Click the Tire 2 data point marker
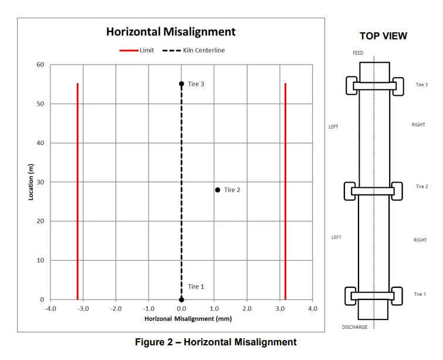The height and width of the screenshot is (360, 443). click(217, 190)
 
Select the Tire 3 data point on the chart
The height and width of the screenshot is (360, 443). click(181, 84)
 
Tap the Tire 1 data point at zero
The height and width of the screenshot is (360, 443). click(181, 300)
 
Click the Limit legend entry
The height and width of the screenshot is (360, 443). click(137, 51)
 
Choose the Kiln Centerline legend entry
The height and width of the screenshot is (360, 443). click(194, 51)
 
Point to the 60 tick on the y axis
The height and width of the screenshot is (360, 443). click(40, 65)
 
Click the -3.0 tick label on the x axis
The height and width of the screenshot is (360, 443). click(83, 308)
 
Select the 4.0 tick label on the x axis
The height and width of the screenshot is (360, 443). click(312, 308)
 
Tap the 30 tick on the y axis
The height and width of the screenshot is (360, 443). click(40, 182)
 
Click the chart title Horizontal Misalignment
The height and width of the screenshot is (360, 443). click(171, 32)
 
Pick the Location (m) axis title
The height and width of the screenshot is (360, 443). click(31, 182)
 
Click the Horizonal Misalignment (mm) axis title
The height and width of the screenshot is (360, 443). click(188, 319)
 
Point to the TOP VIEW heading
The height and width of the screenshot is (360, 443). click(383, 36)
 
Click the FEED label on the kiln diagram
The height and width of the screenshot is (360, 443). click(358, 53)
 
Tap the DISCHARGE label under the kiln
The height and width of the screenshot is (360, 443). click(354, 327)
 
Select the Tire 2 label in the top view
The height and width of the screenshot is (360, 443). click(422, 186)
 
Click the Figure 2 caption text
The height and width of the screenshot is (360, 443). click(216, 342)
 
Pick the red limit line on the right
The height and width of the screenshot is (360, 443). click(285, 191)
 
